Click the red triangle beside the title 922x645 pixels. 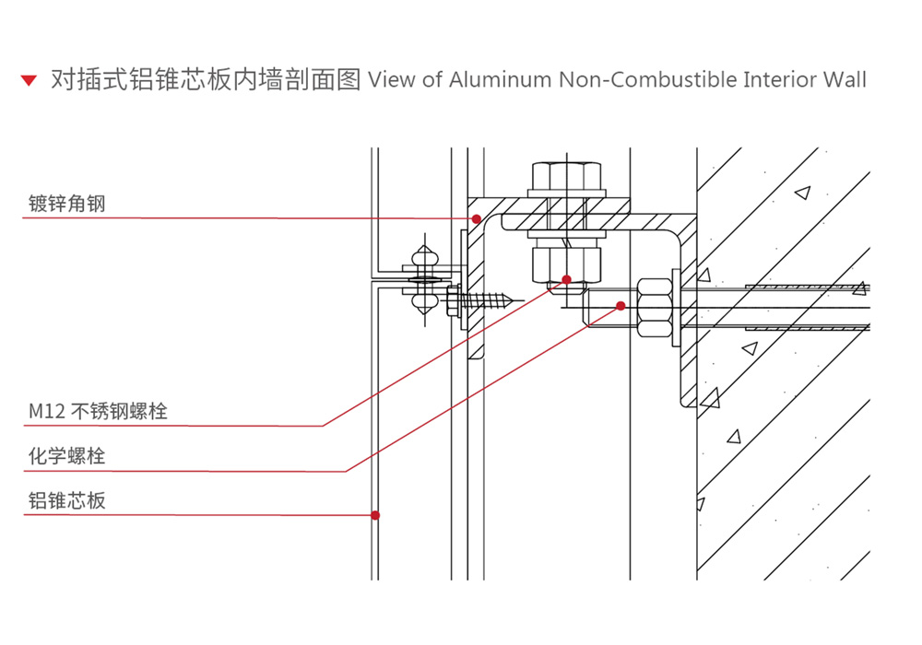[x=29, y=80]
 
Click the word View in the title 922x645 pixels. [x=391, y=79]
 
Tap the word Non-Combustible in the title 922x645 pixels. [x=647, y=79]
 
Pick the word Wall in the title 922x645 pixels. [x=845, y=79]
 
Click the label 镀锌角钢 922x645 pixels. [x=66, y=203]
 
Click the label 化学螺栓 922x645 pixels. [x=66, y=456]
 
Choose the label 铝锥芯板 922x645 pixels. [x=66, y=500]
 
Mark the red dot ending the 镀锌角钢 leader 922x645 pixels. [x=477, y=219]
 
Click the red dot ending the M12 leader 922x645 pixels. [x=566, y=278]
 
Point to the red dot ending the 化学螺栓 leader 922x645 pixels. [x=621, y=305]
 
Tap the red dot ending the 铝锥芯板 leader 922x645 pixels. [x=375, y=515]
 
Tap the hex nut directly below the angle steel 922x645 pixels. [x=565, y=261]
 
